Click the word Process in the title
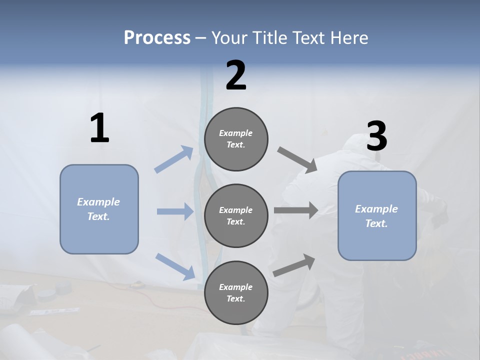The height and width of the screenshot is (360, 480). coord(157,38)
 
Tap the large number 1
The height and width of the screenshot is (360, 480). coord(99,128)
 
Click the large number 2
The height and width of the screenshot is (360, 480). coord(236,75)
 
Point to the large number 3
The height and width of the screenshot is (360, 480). coord(376,136)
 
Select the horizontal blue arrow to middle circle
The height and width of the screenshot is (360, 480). coord(175,211)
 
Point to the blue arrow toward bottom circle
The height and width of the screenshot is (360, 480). coord(175,266)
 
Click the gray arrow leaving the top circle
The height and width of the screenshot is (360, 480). coord(297,159)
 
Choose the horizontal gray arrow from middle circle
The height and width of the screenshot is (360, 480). coord(296,210)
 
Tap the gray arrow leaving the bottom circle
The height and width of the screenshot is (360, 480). coord(294,265)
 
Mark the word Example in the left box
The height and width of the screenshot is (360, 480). coord(98,202)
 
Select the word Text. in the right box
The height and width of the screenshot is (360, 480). coord(376,223)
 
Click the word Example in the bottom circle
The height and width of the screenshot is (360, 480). coord(235,287)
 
